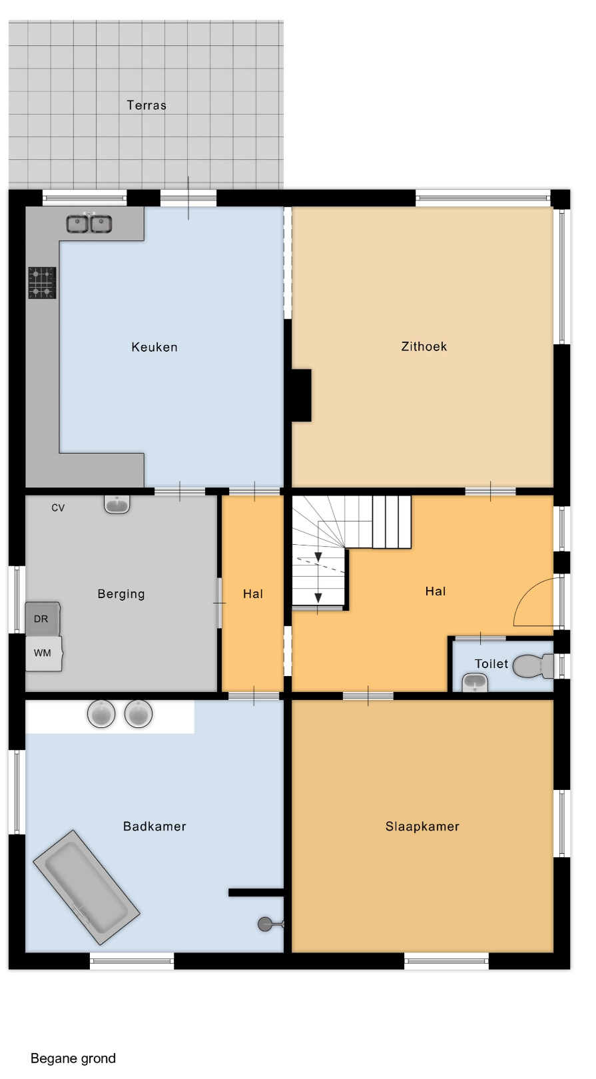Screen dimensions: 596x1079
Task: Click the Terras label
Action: (147, 105)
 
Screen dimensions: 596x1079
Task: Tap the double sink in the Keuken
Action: (89, 224)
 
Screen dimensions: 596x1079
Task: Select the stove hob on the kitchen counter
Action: (43, 283)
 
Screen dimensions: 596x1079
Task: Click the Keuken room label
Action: (154, 347)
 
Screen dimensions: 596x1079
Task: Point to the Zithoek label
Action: (424, 346)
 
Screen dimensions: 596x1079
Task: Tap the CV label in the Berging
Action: (58, 508)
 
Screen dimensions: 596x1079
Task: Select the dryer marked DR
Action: (43, 619)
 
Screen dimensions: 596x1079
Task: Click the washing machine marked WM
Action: (43, 653)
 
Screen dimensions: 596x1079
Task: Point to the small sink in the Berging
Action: (117, 504)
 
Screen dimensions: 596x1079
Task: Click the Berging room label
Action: (121, 594)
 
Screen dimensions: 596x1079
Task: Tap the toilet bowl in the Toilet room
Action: (533, 665)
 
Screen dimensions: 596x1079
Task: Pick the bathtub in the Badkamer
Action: (87, 887)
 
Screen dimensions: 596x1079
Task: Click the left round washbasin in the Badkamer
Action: (101, 713)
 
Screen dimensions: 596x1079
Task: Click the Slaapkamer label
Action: (422, 827)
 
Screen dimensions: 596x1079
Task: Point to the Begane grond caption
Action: (73, 1058)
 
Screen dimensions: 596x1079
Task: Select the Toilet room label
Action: (491, 664)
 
